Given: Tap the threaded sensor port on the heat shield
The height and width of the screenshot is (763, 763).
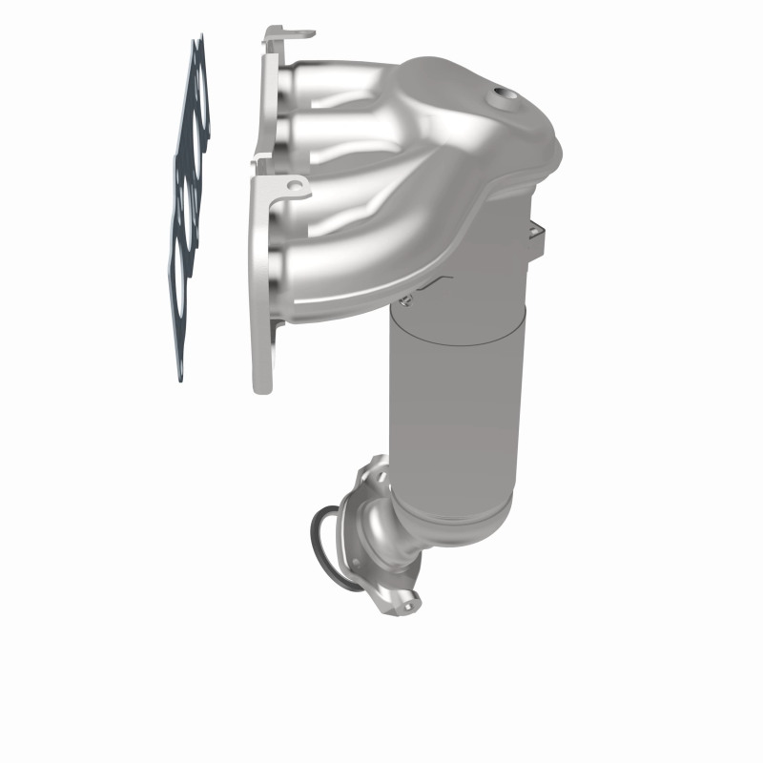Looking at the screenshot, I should (501, 95).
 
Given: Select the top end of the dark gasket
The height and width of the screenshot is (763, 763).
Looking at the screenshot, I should (198, 43).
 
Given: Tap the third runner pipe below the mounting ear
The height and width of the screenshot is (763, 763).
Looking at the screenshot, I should (315, 219).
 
